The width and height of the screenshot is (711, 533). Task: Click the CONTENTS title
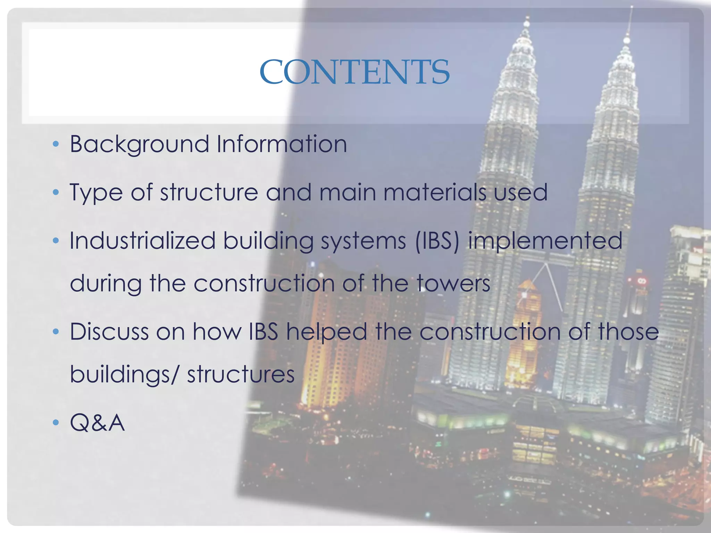(x=354, y=72)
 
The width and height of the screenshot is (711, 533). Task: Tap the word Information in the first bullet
(x=282, y=144)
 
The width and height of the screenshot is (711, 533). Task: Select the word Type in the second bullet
(x=96, y=193)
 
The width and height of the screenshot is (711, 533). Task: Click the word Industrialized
(x=142, y=240)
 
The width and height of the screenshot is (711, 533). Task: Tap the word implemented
(x=545, y=241)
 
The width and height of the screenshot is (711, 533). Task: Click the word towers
(x=453, y=283)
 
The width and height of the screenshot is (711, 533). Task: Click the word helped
(x=326, y=331)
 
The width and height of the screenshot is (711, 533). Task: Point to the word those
(x=628, y=331)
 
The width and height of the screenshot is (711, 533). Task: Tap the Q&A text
(x=97, y=423)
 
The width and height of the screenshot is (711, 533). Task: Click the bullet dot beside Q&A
(x=56, y=423)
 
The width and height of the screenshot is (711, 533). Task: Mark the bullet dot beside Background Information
(x=56, y=144)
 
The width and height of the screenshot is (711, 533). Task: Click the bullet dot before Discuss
(x=56, y=332)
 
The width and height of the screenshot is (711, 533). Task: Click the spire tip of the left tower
(x=528, y=17)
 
